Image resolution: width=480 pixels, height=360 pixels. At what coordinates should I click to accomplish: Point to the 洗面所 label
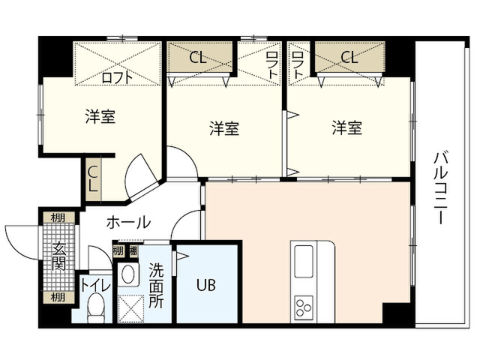[156, 284]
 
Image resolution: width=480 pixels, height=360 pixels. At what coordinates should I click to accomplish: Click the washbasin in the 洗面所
[128, 274]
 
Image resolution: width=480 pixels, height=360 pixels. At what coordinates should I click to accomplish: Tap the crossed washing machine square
[130, 307]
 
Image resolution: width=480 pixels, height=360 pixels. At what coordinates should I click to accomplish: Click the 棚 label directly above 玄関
[58, 218]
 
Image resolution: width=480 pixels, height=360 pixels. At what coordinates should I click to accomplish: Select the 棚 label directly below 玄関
[58, 297]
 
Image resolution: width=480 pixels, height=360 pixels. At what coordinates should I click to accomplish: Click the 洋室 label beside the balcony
[347, 128]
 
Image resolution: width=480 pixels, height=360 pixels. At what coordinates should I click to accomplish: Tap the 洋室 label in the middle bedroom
[223, 128]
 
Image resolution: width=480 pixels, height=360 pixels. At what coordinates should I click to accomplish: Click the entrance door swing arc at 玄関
[21, 238]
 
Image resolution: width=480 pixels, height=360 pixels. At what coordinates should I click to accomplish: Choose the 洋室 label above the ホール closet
[100, 117]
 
